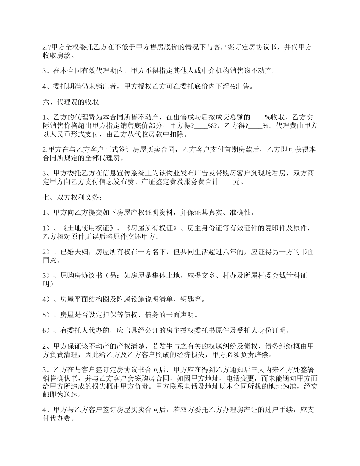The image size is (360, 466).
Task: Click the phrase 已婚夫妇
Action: (77, 252)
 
